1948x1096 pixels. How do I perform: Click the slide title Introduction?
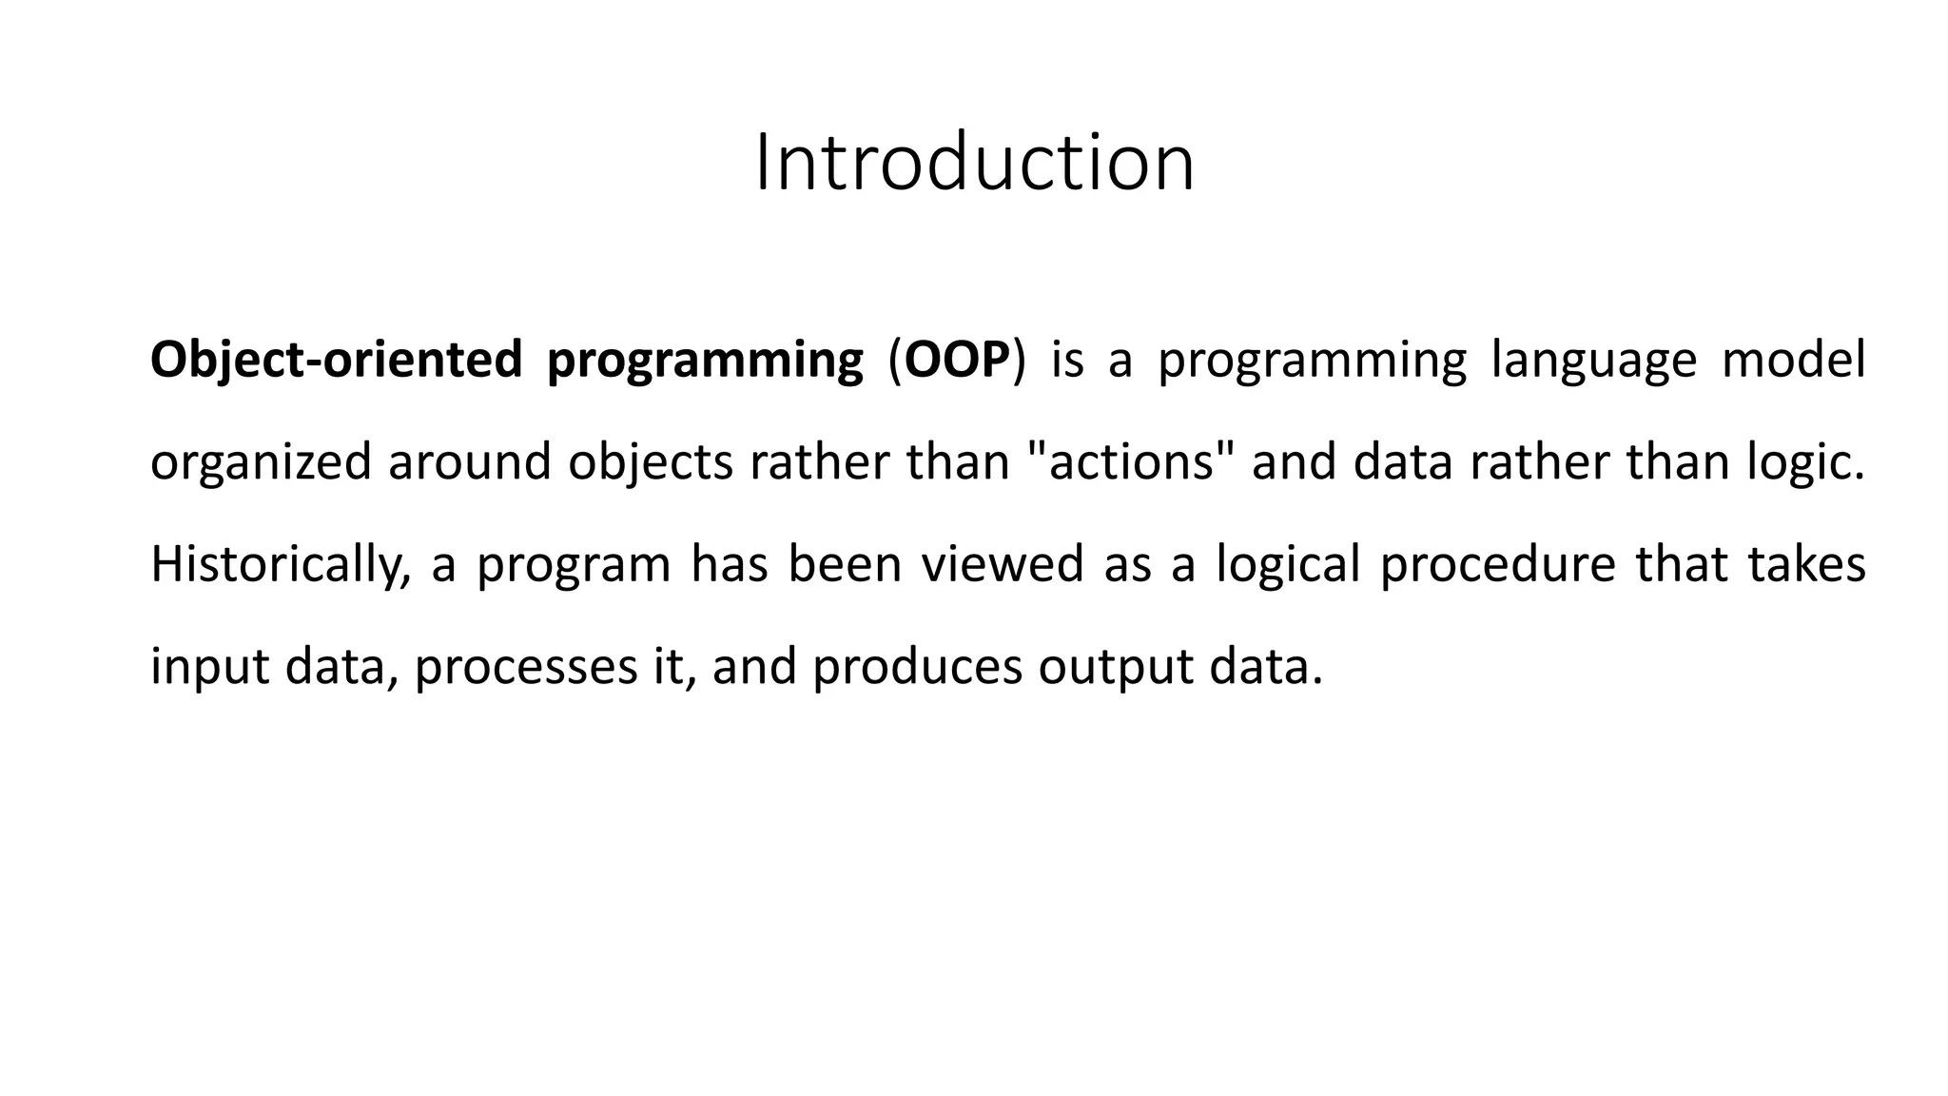(x=974, y=164)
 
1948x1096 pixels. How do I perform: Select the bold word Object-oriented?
(x=337, y=361)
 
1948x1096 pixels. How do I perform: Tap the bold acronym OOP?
(x=956, y=361)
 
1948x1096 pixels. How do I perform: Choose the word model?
(x=1793, y=361)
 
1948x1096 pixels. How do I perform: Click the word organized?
(x=261, y=463)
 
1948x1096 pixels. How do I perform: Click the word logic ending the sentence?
(x=1805, y=463)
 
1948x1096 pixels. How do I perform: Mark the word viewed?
(x=1003, y=564)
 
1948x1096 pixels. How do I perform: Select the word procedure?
(x=1497, y=565)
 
